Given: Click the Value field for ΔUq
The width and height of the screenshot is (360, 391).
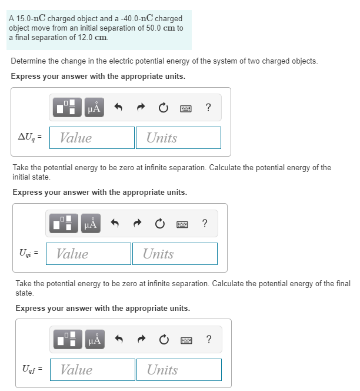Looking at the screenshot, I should pos(92,138).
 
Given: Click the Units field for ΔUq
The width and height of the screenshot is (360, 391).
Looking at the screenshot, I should pos(179,138).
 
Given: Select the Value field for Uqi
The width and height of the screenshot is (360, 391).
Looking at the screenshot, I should pos(89,254).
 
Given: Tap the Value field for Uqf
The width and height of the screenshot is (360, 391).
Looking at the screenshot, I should pos(93,370).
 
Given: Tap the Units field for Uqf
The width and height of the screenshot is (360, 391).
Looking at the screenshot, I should pos(179,370).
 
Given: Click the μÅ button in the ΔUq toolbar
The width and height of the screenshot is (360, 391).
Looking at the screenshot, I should pos(94,108).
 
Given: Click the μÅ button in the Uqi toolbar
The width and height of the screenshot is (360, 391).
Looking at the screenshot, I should pos(91,224).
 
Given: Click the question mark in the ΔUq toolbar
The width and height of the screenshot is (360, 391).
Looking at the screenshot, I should pos(208,107).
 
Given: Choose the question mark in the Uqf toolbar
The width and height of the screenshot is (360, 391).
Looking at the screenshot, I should pos(209,339).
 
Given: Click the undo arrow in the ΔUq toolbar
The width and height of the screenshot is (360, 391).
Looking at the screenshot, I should pos(118,108).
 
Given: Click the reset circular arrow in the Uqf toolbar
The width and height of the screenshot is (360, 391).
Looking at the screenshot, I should pos(163,340).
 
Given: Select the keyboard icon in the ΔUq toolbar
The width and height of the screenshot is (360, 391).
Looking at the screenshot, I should pos(186,108).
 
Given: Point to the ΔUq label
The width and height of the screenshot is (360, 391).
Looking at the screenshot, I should pos(29,138).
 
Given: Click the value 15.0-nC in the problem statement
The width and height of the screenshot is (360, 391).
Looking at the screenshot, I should pos(31,18).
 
